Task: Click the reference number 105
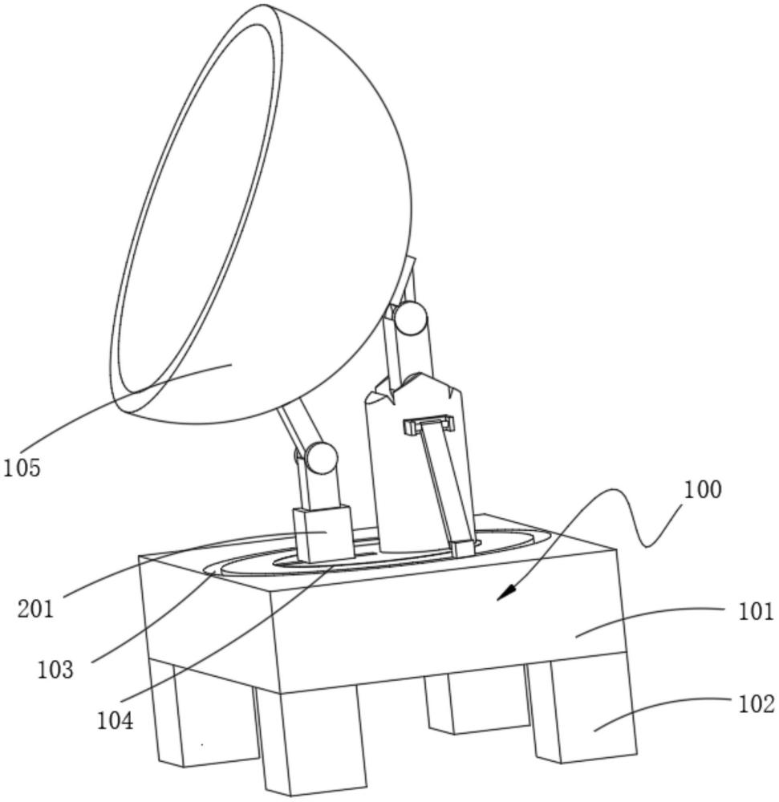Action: [22, 468]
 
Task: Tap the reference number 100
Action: [703, 489]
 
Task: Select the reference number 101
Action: [756, 611]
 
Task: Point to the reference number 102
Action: [756, 704]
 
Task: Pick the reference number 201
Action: [35, 610]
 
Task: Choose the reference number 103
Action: [55, 670]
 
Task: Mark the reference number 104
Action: [115, 721]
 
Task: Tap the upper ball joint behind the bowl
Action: [410, 318]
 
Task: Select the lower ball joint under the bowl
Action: [321, 458]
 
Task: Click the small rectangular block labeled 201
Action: [323, 534]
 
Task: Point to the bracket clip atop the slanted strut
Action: [428, 424]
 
